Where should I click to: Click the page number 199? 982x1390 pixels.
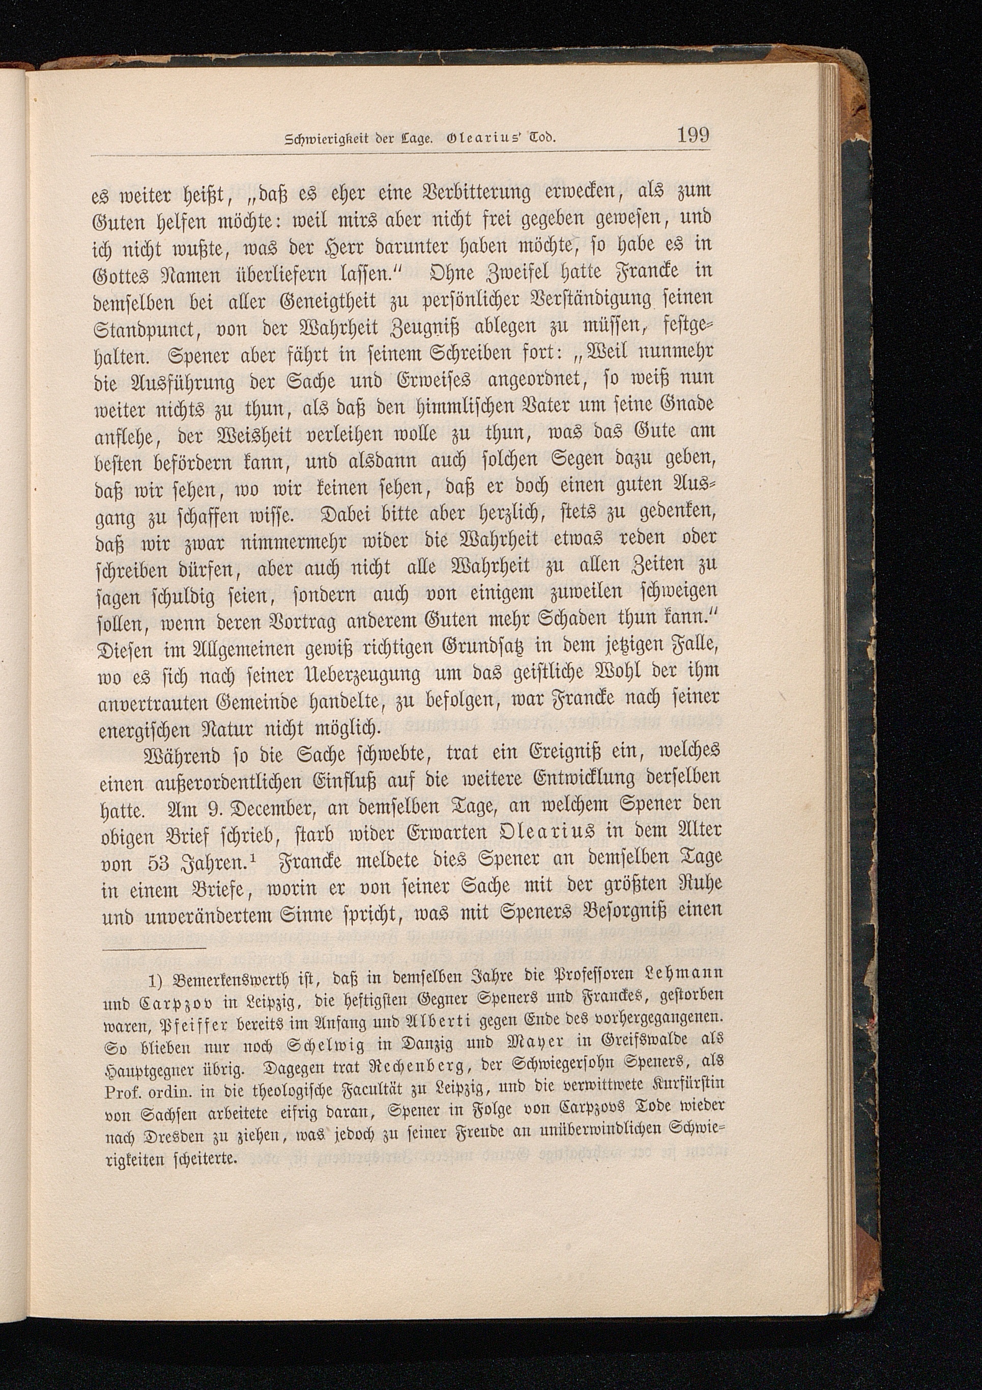pyautogui.click(x=693, y=134)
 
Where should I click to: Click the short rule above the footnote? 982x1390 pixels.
pyautogui.click(x=154, y=949)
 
